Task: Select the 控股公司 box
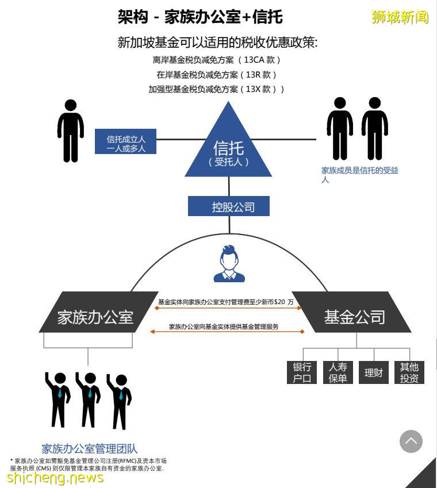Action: (229, 206)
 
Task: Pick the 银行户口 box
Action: (301, 372)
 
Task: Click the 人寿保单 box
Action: (338, 372)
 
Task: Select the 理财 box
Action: (374, 372)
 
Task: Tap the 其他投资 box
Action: (409, 372)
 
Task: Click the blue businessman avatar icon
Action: (229, 264)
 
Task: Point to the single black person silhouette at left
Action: (71, 130)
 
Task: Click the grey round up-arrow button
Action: (411, 441)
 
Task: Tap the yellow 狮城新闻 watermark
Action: (400, 17)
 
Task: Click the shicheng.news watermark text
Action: (55, 478)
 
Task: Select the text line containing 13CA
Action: (216, 60)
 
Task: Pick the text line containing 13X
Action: (216, 89)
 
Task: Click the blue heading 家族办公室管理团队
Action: (90, 448)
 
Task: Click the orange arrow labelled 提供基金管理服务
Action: (227, 331)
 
